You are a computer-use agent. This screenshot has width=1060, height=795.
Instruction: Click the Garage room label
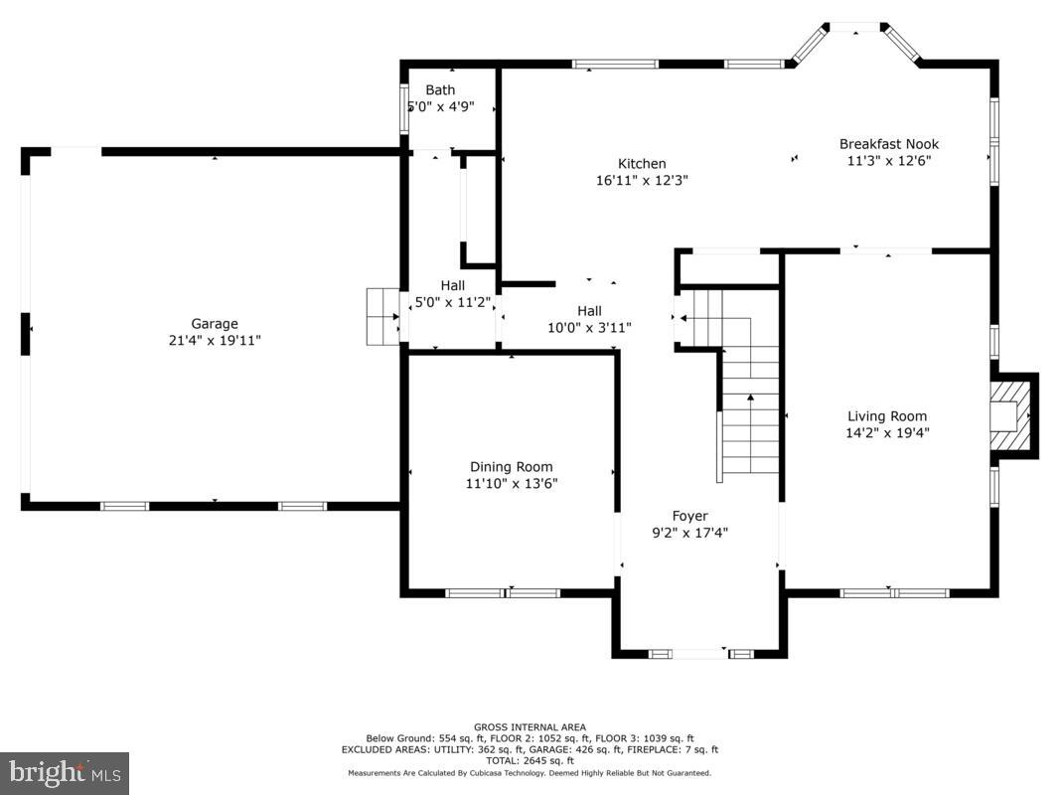[215, 323]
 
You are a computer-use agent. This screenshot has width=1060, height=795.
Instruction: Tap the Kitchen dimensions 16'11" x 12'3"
[642, 181]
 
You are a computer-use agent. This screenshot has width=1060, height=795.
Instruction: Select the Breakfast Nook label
[888, 144]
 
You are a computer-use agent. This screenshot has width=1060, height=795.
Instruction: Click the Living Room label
[886, 416]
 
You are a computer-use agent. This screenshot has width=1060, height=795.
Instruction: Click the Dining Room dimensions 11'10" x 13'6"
[512, 484]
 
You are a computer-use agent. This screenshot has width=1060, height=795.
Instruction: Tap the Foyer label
[689, 516]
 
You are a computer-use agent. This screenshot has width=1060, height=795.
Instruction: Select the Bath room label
[440, 90]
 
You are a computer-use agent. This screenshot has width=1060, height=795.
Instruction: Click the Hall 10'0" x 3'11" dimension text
[589, 327]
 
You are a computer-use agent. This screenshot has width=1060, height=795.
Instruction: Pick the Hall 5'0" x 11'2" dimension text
[453, 302]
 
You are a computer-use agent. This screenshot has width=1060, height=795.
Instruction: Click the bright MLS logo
[65, 772]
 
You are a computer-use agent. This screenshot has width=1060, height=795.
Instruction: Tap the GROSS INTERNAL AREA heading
[530, 727]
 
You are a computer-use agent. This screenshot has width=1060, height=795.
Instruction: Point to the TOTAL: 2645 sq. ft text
[530, 761]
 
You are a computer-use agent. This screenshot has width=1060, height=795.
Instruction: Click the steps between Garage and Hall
[381, 316]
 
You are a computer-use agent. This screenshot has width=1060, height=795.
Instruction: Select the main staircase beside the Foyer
[750, 417]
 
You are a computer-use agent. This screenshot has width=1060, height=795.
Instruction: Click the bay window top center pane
[856, 27]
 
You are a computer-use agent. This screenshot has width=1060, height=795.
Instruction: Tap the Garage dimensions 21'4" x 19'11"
[215, 340]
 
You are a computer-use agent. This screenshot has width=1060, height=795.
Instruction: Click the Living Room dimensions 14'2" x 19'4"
[886, 433]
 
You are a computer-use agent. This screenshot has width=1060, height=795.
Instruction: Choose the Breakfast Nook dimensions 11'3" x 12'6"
[888, 160]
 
